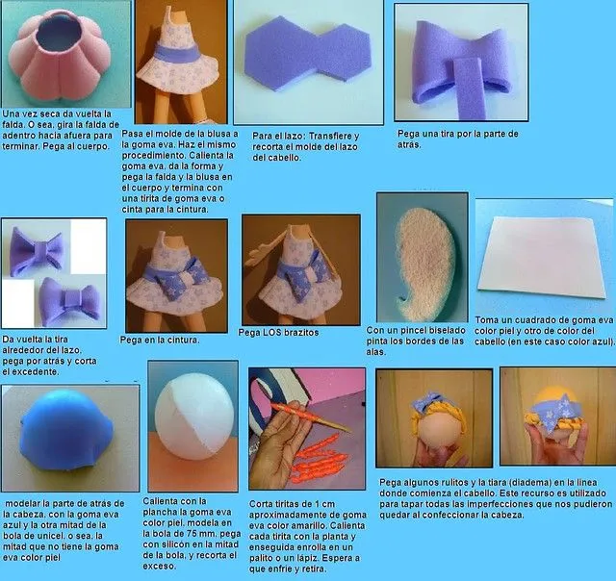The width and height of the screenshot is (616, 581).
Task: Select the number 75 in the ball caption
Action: pyautogui.click(x=207, y=530)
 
